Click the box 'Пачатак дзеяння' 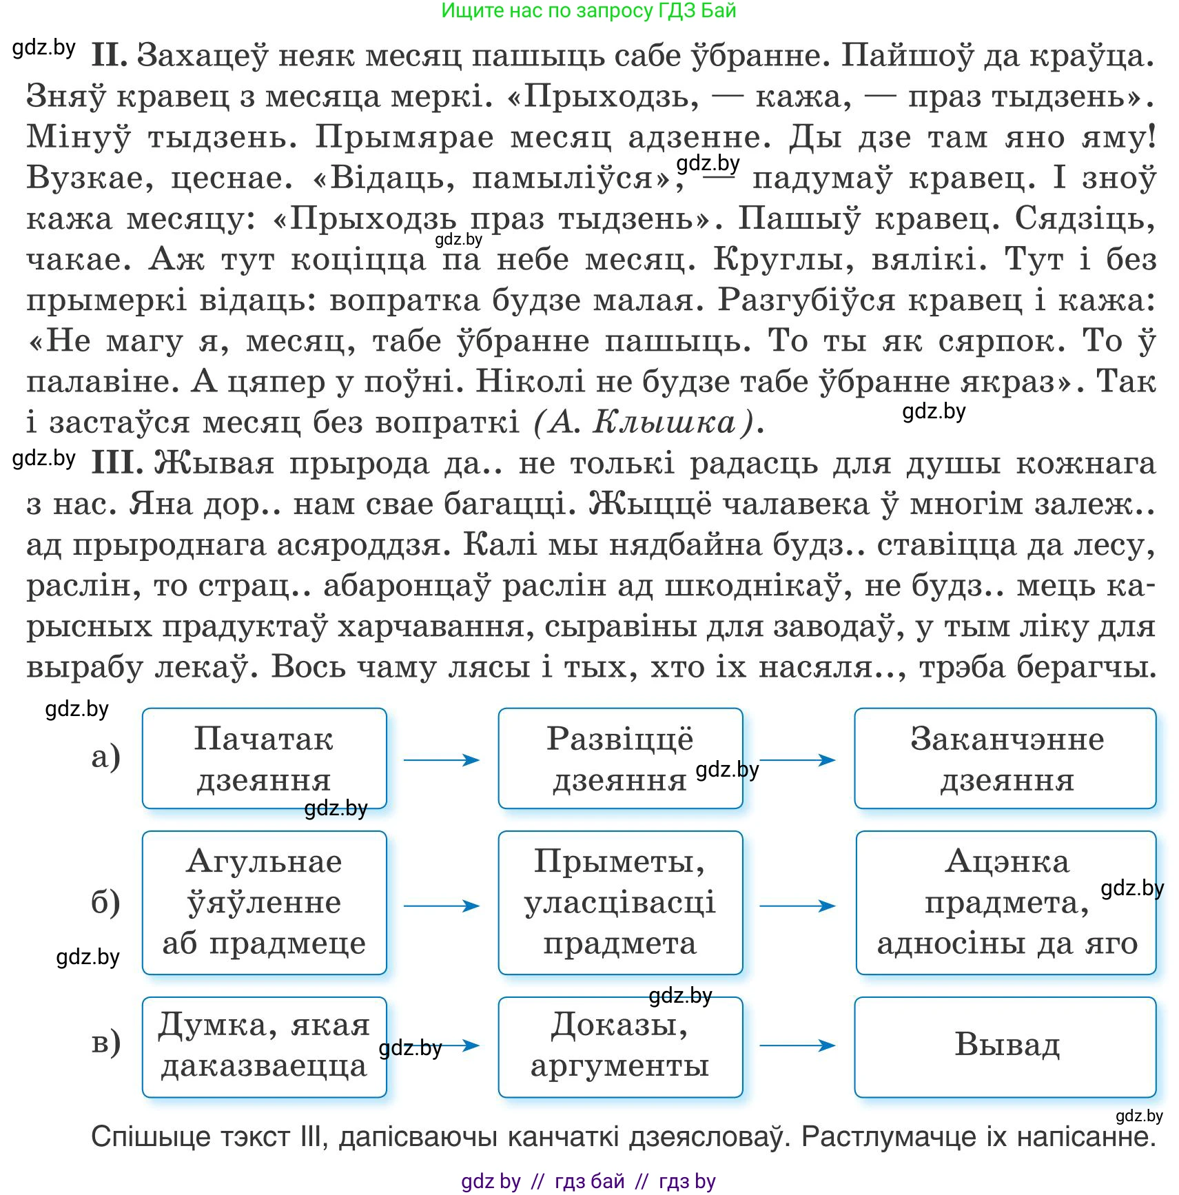tap(264, 758)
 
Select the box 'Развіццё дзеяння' tap(619, 758)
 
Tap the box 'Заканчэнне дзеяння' tap(1005, 758)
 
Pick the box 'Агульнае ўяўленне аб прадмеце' tap(264, 902)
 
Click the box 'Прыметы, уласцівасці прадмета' tap(619, 902)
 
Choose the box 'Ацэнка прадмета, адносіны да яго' tap(1005, 902)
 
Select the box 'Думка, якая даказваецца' tap(264, 1046)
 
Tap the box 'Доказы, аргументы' tap(619, 1046)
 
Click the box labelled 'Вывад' tap(1005, 1046)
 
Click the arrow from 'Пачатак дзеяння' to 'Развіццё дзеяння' tap(442, 760)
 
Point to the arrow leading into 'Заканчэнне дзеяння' tap(797, 760)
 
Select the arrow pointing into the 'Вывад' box tap(797, 1045)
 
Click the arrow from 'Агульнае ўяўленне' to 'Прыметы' tap(442, 906)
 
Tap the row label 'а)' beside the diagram tap(105, 757)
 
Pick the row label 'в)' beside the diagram tap(105, 1042)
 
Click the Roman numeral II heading tap(109, 55)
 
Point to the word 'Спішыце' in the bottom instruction tap(150, 1136)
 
